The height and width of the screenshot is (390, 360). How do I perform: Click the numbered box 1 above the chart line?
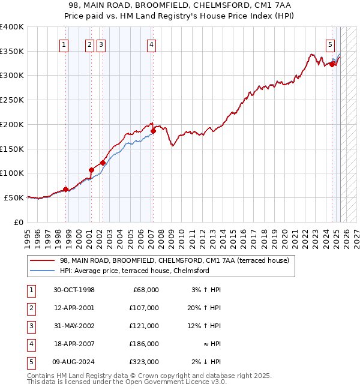(64, 44)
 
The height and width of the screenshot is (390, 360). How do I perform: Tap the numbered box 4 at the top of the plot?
(152, 44)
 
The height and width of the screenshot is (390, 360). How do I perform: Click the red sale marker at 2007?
(153, 131)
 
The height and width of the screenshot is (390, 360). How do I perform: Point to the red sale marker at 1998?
(65, 189)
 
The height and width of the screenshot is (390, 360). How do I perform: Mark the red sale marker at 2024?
(332, 64)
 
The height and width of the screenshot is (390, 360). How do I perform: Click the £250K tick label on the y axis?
(12, 100)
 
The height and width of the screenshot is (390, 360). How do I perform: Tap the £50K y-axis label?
(14, 197)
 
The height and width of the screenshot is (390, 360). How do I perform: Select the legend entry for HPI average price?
(134, 271)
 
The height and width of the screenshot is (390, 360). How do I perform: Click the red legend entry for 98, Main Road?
(175, 260)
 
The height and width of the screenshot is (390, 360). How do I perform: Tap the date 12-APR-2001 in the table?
(74, 308)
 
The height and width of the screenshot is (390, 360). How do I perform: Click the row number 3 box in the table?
(30, 326)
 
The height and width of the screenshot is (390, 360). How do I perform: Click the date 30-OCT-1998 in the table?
(74, 290)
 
